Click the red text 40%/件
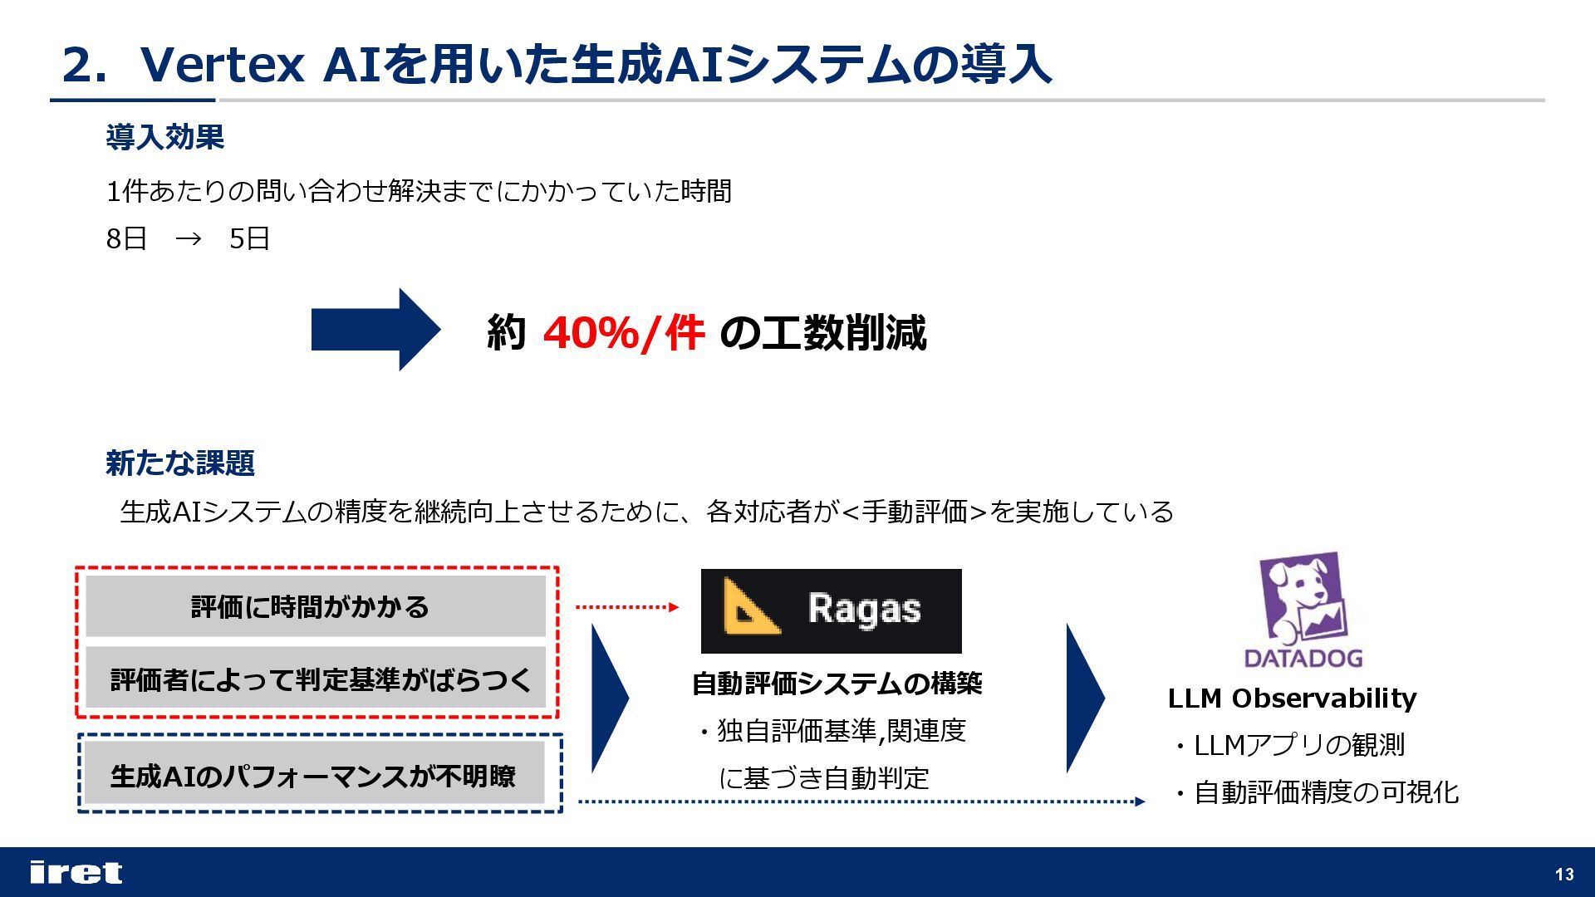(623, 333)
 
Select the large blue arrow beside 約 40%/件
(375, 330)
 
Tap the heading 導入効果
(164, 137)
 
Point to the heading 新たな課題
(179, 463)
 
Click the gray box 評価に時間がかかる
(315, 607)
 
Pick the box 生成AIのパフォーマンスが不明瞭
(315, 776)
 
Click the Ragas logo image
(831, 610)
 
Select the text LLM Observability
(1292, 698)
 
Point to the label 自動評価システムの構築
(837, 684)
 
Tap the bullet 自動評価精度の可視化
(1325, 792)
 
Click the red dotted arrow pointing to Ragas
(627, 607)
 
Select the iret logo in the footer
(76, 872)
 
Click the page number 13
(1564, 874)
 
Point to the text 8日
(126, 239)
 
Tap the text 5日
(249, 239)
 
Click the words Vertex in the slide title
(223, 65)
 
